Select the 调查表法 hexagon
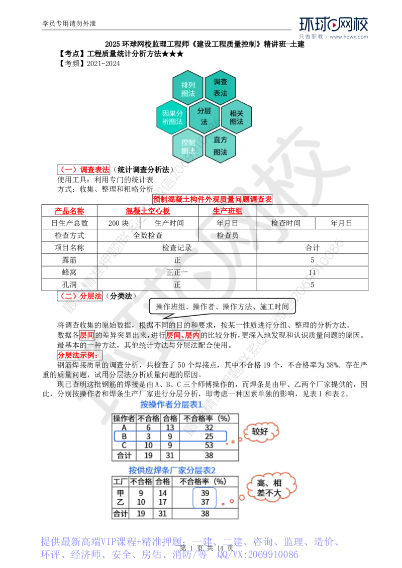[x=220, y=87]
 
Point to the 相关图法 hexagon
[x=236, y=117]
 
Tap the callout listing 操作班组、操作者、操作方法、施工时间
[x=222, y=307]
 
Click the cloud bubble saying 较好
[x=260, y=432]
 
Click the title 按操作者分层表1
[x=171, y=404]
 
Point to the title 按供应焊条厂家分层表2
[x=172, y=471]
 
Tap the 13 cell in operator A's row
[x=169, y=427]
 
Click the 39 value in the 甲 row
[x=205, y=494]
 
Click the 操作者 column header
[x=124, y=418]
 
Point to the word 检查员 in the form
[x=227, y=235]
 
